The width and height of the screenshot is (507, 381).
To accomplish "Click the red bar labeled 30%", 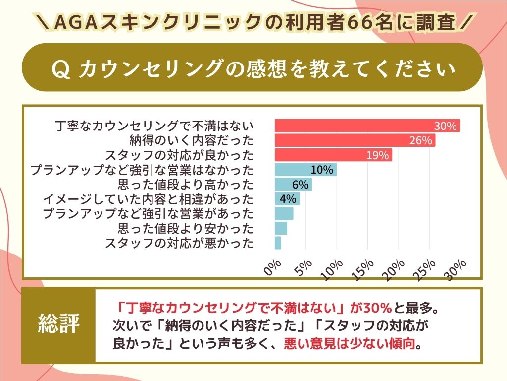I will click(x=367, y=126).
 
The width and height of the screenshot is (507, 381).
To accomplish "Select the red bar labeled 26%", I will click(x=355, y=141).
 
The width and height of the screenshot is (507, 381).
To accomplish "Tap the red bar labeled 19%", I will click(x=333, y=155).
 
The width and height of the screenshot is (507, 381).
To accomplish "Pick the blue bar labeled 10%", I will click(x=305, y=170).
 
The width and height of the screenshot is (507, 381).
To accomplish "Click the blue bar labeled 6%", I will click(x=293, y=185).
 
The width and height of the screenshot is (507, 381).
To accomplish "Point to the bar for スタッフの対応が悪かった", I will click(x=278, y=243).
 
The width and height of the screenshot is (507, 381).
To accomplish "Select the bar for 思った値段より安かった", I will click(x=281, y=228).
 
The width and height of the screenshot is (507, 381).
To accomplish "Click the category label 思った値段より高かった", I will click(x=186, y=185).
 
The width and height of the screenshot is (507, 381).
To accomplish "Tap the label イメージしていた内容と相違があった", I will click(x=148, y=199).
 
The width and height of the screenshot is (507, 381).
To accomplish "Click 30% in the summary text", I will click(x=377, y=308).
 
